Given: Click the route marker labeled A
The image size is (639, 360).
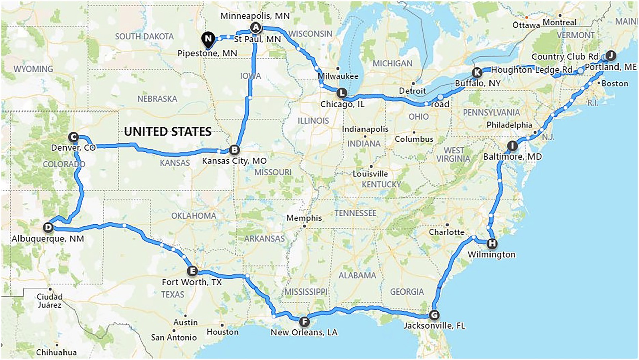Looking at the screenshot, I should pyautogui.click(x=256, y=27).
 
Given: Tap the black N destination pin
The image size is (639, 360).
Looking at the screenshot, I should pyautogui.click(x=208, y=39).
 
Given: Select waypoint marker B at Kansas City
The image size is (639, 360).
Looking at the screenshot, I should pyautogui.click(x=234, y=150).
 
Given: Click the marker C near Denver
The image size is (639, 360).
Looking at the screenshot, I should pyautogui.click(x=73, y=137).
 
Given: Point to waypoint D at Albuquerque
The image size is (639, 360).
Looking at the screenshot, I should pyautogui.click(x=48, y=228).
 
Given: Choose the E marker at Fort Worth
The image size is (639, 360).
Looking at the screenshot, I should pyautogui.click(x=192, y=271).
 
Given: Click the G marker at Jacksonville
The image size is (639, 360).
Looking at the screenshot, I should pyautogui.click(x=434, y=315).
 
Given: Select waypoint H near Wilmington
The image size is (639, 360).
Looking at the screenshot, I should pyautogui.click(x=492, y=243).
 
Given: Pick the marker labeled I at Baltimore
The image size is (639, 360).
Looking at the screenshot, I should pyautogui.click(x=512, y=146).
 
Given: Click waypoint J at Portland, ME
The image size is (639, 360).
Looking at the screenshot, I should pyautogui.click(x=610, y=55).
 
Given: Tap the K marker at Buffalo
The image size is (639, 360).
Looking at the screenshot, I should pyautogui.click(x=477, y=72).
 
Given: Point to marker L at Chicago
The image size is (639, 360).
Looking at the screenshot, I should pyautogui.click(x=342, y=93).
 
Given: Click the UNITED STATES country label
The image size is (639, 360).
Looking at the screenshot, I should pyautogui.click(x=168, y=131).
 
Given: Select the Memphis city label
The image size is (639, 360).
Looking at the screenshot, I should pyautogui.click(x=304, y=218).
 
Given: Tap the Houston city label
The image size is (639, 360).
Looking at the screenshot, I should pyautogui.click(x=222, y=332).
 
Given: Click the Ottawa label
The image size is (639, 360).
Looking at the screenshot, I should pyautogui.click(x=526, y=25).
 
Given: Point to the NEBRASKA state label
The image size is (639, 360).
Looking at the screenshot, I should pyautogui.click(x=157, y=99).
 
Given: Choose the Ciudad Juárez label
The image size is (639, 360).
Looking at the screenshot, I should pyautogui.click(x=49, y=301).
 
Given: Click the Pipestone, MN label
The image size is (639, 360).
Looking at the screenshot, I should pyautogui.click(x=207, y=53).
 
